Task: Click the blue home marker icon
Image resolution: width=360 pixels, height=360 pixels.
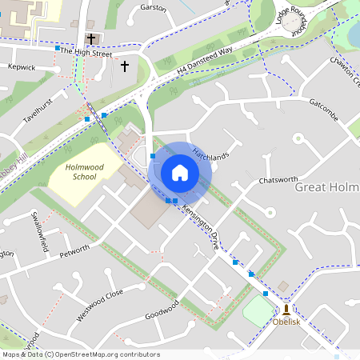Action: click(180, 172)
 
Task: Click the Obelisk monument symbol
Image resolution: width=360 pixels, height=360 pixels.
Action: click(286, 308)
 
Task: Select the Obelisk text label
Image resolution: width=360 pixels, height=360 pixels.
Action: click(286, 322)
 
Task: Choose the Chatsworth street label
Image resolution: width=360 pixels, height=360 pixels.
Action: click(278, 180)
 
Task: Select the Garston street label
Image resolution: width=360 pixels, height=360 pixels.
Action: click(153, 8)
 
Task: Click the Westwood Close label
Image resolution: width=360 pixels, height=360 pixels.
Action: click(100, 305)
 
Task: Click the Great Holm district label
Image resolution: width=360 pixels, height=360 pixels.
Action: click(327, 187)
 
